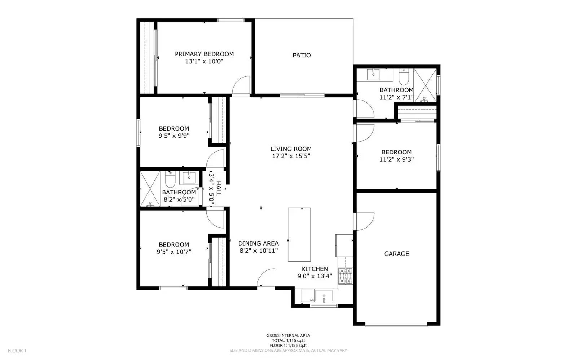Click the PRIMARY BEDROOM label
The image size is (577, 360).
coord(204,54)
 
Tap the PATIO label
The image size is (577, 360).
coord(301,55)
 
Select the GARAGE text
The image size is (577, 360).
coord(396,254)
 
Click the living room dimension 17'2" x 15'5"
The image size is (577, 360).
coord(291,156)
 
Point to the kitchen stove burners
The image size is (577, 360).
coord(345,276)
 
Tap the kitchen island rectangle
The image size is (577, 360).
coord(299,234)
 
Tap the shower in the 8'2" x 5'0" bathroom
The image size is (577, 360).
coord(150,189)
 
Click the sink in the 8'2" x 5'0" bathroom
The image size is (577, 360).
coord(189,177)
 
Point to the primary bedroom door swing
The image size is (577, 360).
coord(241,86)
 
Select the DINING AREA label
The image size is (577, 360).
coord(258,244)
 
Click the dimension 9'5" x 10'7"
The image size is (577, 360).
coord(174,252)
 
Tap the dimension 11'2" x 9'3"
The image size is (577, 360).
coord(396,159)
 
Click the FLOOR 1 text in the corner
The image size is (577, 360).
coord(17,350)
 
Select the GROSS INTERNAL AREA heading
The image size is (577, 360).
coord(288,335)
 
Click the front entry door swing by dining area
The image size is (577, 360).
coord(267,278)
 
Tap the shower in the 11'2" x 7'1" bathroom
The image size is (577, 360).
coord(424,85)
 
